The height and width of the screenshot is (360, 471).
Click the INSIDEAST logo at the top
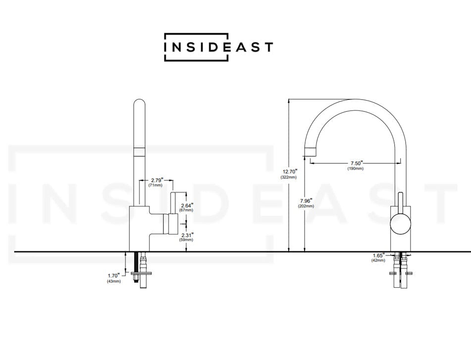(x=218, y=47)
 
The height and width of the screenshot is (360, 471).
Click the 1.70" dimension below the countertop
(x=113, y=275)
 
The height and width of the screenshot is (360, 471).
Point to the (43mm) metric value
(x=113, y=281)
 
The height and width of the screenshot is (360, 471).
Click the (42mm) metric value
(x=379, y=260)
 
